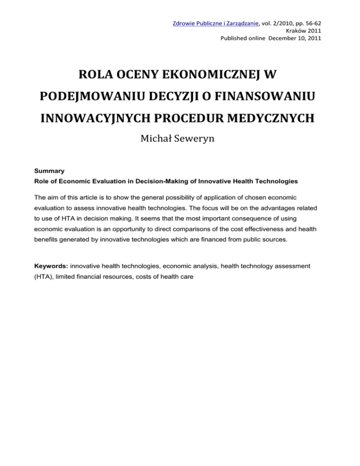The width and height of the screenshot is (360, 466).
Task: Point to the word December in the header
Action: point(280,38)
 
